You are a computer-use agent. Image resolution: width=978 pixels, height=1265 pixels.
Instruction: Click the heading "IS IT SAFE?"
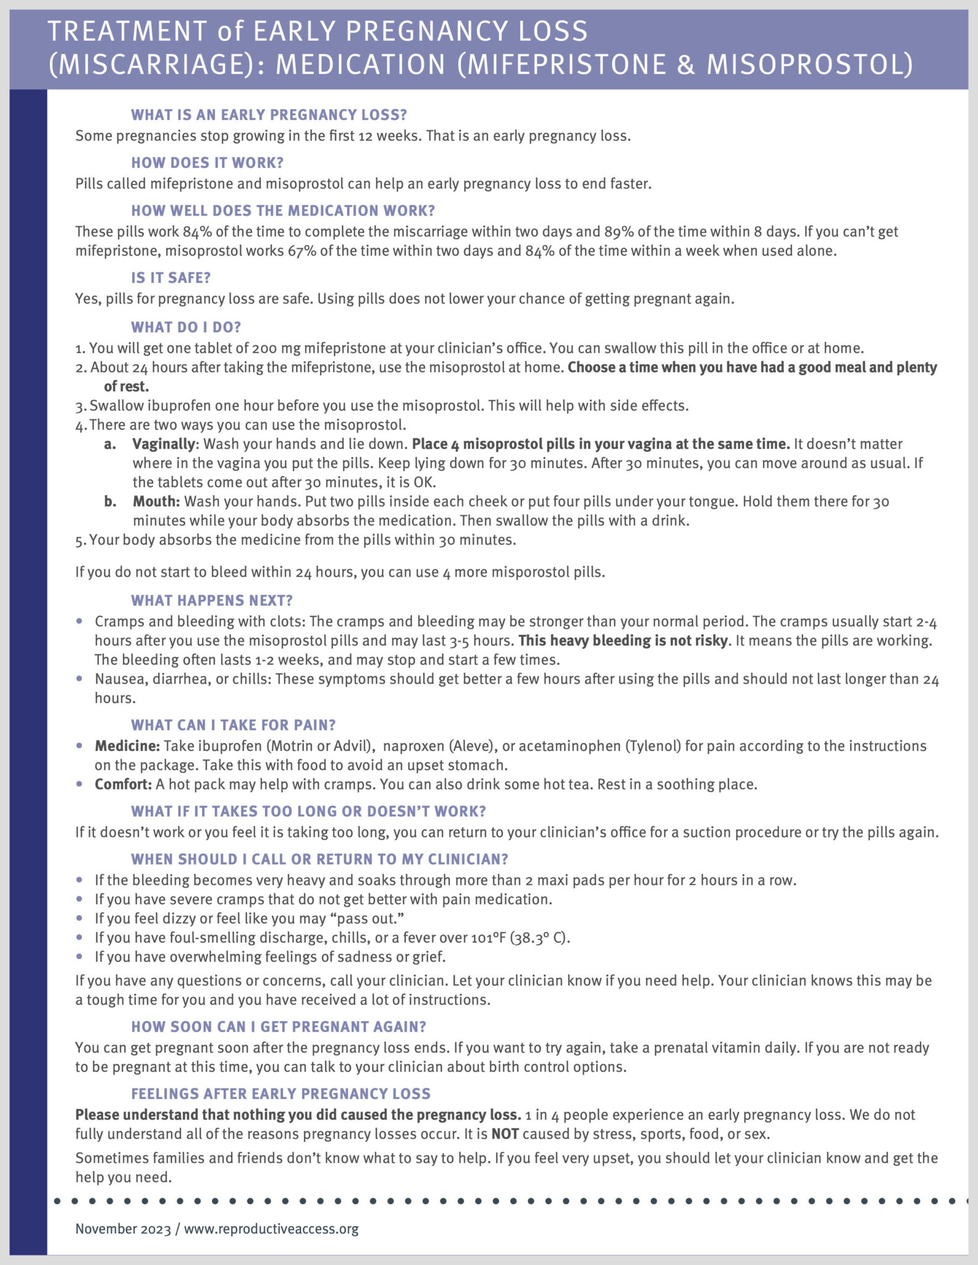point(171,278)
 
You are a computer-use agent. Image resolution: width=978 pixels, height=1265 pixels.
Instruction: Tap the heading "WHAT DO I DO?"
point(185,327)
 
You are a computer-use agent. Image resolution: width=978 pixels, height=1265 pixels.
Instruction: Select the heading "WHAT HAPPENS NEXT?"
point(211,600)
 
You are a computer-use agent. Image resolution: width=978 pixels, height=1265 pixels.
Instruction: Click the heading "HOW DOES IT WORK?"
point(207,163)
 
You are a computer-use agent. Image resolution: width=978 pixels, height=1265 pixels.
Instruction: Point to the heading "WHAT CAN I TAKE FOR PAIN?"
point(233,725)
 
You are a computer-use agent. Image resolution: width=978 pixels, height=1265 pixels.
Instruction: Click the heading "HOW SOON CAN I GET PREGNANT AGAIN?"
point(278,1027)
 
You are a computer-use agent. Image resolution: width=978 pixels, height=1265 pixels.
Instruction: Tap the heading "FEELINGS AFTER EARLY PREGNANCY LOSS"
point(280,1094)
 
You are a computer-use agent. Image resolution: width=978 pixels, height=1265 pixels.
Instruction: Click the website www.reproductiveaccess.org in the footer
point(271,1229)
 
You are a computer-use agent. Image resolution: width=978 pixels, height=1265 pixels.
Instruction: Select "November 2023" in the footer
point(123,1229)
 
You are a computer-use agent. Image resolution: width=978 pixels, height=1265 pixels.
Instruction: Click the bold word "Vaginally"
point(164,444)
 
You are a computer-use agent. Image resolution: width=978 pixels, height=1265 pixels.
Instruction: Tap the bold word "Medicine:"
point(127,746)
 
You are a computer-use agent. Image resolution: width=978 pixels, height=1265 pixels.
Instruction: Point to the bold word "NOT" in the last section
point(505,1134)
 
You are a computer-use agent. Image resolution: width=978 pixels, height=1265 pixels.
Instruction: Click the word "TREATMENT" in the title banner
point(127,32)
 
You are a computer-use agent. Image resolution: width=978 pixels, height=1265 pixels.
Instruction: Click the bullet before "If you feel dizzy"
point(79,918)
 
